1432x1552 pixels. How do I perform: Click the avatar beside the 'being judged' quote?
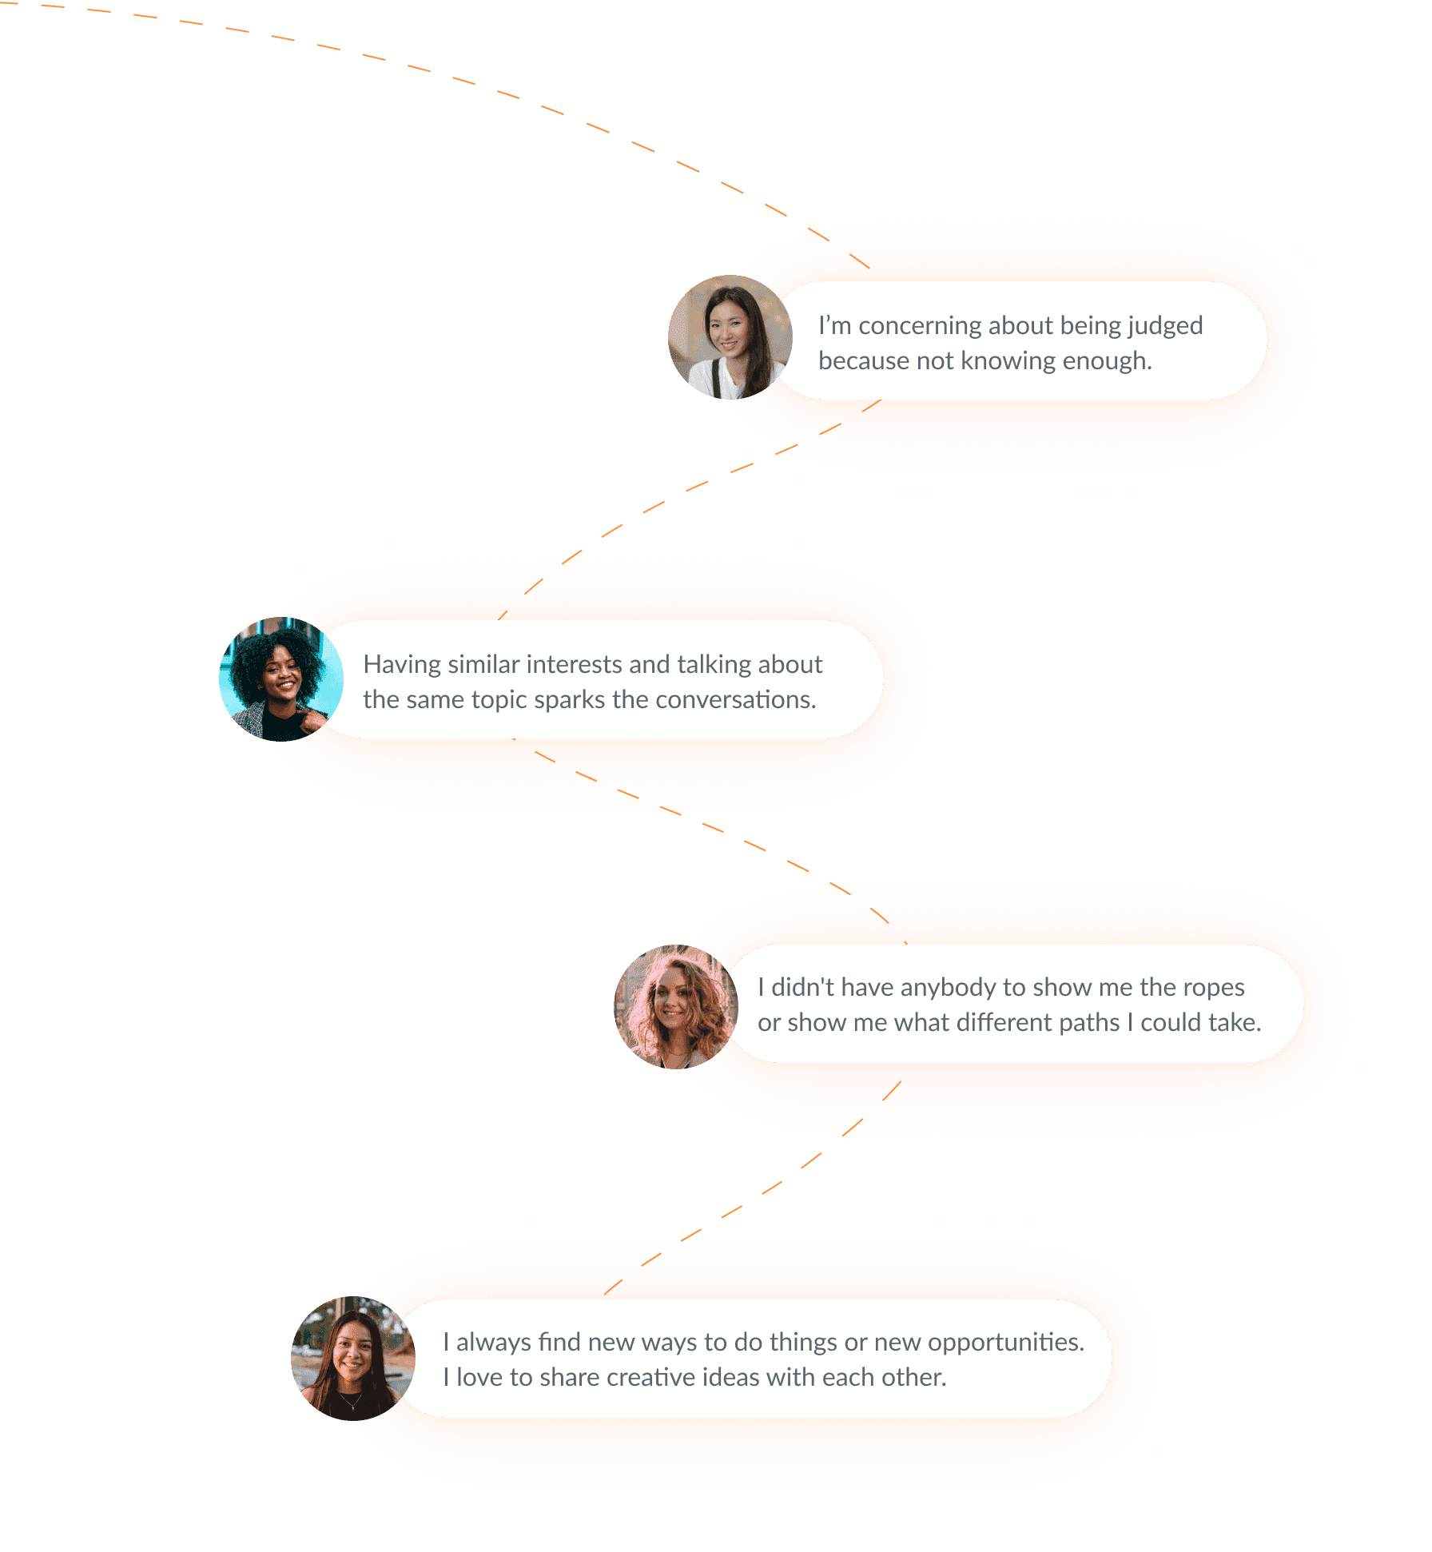coord(730,337)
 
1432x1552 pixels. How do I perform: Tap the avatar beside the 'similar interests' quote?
coord(281,679)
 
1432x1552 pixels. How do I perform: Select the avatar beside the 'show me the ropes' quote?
coord(676,1007)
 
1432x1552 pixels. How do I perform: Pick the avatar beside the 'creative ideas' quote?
coord(353,1358)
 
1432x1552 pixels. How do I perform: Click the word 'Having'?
coord(402,664)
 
